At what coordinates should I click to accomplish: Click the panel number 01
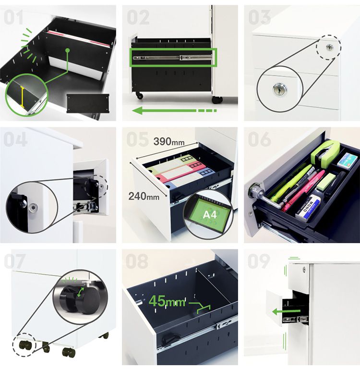tap(13, 17)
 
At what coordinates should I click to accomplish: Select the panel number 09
tap(259, 261)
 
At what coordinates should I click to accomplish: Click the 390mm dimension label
tap(169, 142)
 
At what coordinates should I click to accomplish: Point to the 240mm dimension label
tap(144, 196)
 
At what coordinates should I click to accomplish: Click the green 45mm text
tap(167, 301)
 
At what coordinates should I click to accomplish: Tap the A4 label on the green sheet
tap(210, 215)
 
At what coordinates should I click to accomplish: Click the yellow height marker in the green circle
tap(23, 97)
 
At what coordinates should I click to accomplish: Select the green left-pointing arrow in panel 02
tap(174, 111)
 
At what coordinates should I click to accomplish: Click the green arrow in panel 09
tap(286, 312)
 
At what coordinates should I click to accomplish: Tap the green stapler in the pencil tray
tap(325, 151)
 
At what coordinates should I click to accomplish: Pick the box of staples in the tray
tap(347, 160)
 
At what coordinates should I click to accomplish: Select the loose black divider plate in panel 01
tap(88, 103)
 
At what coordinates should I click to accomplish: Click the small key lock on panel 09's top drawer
tap(304, 269)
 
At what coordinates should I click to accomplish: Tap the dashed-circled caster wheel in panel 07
tap(24, 345)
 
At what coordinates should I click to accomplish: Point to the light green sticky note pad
tap(326, 182)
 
